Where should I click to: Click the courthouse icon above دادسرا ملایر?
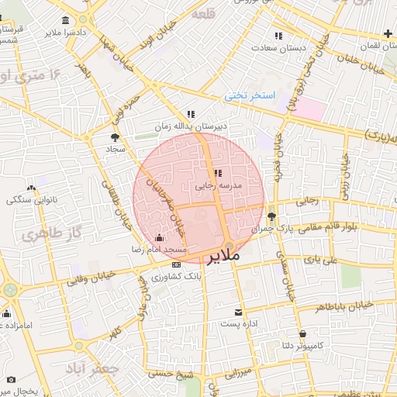[63, 20]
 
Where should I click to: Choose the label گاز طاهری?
[43, 233]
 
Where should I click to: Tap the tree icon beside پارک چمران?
[271, 216]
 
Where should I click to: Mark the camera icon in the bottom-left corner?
[11, 379]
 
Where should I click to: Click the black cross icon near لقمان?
[388, 33]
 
